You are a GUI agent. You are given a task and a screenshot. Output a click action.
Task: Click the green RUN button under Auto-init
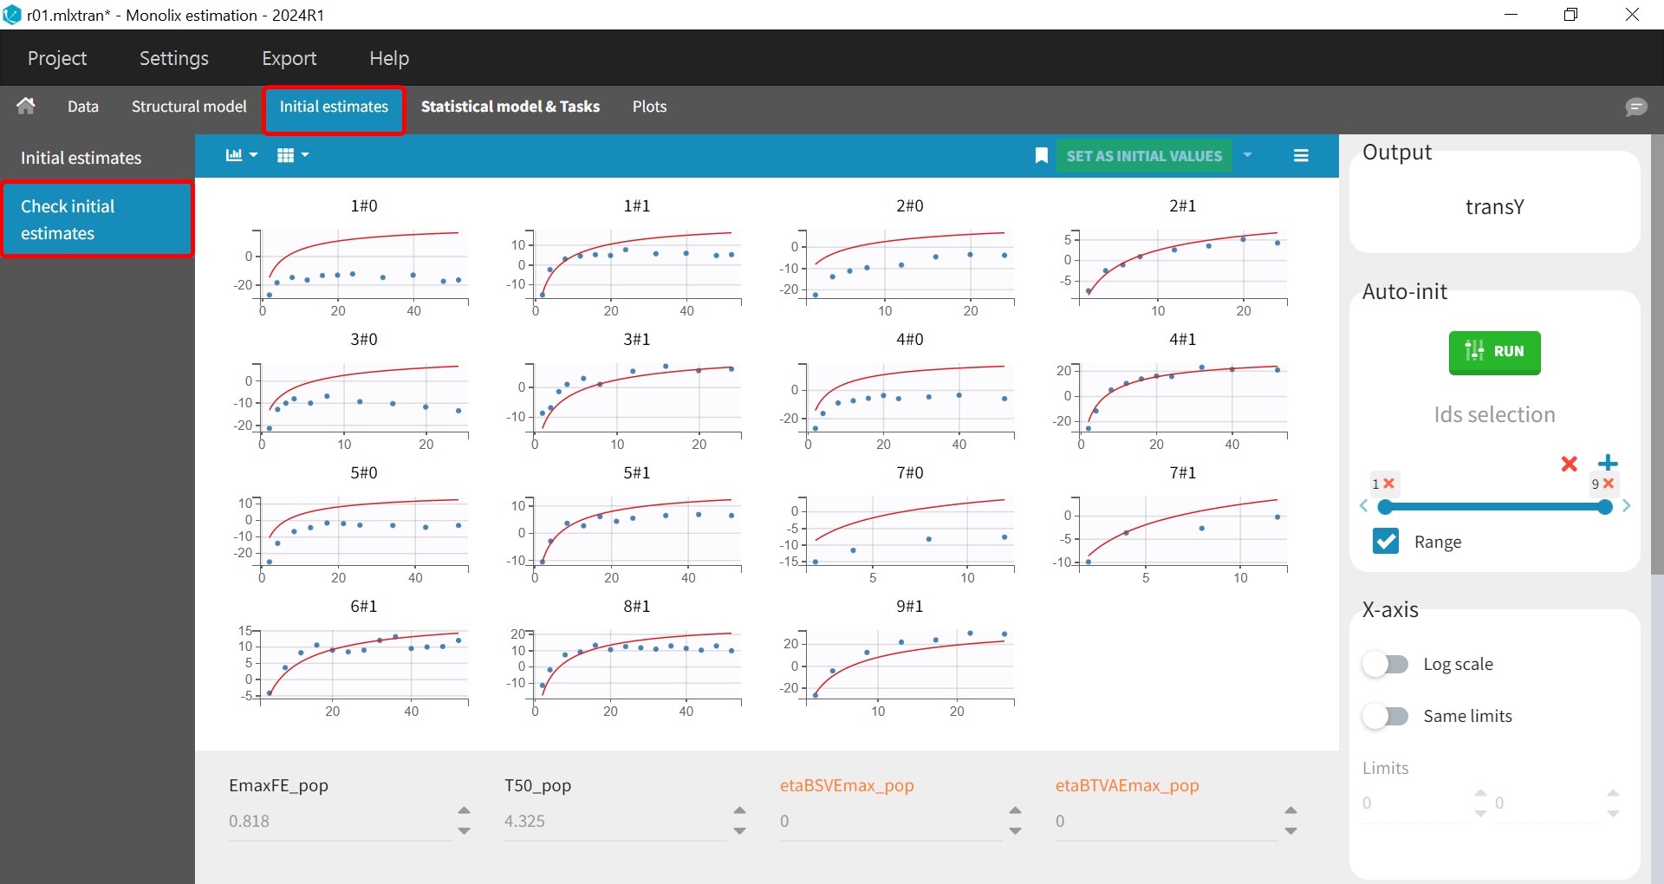(x=1494, y=352)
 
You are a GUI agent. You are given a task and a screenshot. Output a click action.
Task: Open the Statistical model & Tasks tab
(x=510, y=107)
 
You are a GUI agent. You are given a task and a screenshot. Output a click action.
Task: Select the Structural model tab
(x=189, y=107)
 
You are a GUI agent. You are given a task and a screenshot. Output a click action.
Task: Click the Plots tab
(x=649, y=107)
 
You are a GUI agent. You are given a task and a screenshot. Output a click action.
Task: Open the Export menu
(x=289, y=58)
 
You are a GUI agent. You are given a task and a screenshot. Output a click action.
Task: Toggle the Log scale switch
(x=1385, y=665)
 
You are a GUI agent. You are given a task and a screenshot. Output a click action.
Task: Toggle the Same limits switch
(x=1385, y=717)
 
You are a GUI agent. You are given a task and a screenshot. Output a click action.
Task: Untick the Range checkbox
(x=1386, y=542)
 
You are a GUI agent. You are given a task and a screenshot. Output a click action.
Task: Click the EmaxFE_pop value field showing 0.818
(x=338, y=821)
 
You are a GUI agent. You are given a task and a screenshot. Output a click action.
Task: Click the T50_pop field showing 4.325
(x=614, y=821)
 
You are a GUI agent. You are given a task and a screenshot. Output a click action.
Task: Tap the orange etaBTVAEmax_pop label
(x=1127, y=786)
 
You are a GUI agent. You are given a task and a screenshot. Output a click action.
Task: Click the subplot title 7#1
(x=1182, y=473)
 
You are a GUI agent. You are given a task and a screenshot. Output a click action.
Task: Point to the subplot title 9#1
(x=909, y=607)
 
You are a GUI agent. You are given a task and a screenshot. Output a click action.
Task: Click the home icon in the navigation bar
(x=26, y=106)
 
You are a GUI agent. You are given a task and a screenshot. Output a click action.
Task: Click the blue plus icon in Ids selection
(x=1608, y=463)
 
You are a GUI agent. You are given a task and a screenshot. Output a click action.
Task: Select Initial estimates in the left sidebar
(x=81, y=158)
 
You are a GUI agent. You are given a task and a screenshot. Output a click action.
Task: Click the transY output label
(x=1494, y=207)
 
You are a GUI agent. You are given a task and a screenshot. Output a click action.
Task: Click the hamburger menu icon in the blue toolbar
(x=1301, y=156)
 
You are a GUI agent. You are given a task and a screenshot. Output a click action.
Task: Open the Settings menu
(x=173, y=58)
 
